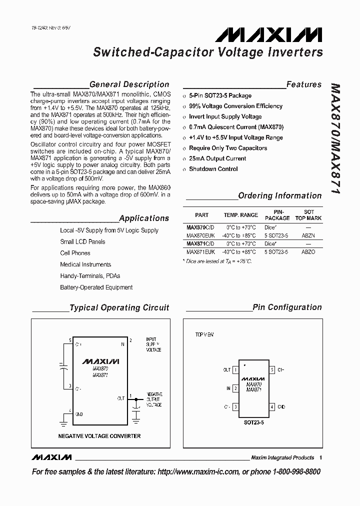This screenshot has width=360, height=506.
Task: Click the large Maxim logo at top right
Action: (x=269, y=34)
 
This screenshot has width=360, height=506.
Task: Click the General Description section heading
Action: (x=129, y=84)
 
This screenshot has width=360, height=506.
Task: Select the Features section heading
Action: (x=304, y=84)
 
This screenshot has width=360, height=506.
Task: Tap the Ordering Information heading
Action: (x=279, y=195)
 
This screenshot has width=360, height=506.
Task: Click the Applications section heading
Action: (x=144, y=218)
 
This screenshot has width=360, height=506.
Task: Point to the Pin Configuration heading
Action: (x=287, y=307)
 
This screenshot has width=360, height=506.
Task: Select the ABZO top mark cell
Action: (x=308, y=252)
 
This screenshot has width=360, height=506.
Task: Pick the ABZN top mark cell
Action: (x=308, y=235)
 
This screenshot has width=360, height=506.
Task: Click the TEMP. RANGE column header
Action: (x=240, y=215)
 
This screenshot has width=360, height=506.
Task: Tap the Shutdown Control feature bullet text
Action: (x=213, y=169)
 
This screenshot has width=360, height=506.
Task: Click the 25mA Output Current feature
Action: (x=217, y=158)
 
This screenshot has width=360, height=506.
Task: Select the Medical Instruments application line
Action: (x=85, y=264)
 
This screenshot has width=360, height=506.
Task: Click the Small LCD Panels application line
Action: (x=82, y=241)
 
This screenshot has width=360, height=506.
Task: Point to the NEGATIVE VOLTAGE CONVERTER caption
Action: (x=99, y=436)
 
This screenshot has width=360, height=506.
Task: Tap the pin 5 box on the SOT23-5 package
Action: (x=272, y=370)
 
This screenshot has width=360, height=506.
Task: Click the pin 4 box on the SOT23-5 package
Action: (x=272, y=407)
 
